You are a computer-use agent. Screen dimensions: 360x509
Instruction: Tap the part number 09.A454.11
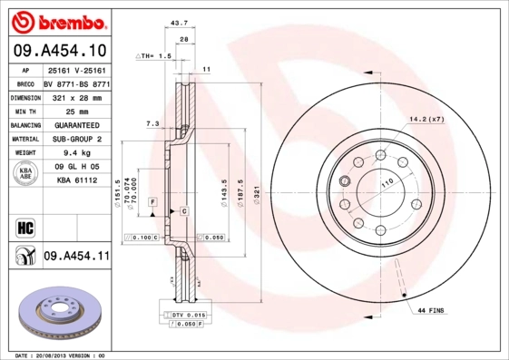point(76,257)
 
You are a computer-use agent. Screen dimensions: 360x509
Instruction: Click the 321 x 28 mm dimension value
point(75,96)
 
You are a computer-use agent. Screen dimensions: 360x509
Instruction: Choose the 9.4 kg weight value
point(75,154)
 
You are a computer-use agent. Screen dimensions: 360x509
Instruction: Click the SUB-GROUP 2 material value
point(75,140)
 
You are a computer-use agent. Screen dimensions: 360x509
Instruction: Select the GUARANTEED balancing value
point(75,125)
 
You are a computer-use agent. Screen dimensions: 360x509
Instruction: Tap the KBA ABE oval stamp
point(24,174)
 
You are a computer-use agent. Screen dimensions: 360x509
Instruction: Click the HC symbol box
point(24,225)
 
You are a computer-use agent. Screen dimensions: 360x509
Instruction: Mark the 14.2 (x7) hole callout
point(426,120)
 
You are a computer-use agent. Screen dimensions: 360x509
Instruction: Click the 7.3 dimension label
point(152,122)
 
